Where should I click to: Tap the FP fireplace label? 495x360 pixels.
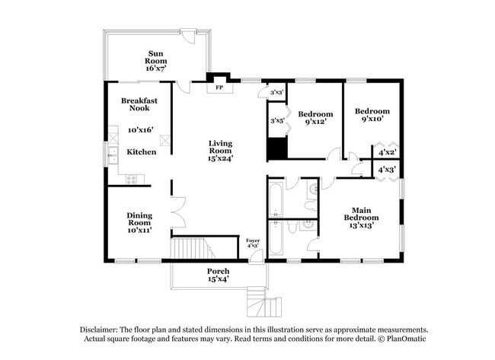tap(220, 88)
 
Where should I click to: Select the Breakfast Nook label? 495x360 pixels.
tap(139, 104)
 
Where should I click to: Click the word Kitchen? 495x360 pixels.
tap(141, 152)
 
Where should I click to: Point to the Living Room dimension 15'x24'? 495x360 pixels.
tap(221, 158)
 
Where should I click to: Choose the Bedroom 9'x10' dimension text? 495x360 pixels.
tap(372, 118)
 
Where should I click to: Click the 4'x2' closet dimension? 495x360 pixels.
tap(388, 151)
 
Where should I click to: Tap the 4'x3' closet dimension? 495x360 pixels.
tap(388, 170)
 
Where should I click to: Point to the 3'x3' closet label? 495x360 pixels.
tap(276, 92)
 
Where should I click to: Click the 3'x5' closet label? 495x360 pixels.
tap(276, 119)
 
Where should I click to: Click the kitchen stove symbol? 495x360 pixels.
tap(133, 180)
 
